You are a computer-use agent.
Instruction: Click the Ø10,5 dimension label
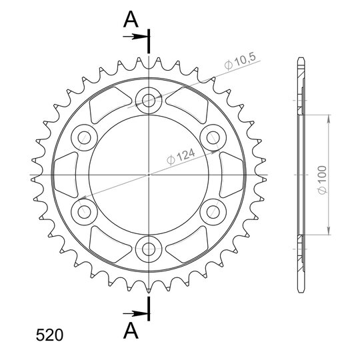tap(240, 61)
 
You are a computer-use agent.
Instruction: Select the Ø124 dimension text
tap(181, 157)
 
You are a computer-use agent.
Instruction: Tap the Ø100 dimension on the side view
tap(323, 180)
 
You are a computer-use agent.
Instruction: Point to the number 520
tap(49, 335)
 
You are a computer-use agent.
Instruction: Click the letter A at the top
tap(131, 19)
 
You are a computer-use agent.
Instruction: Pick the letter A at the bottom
tap(131, 331)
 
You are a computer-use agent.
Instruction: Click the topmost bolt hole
tap(149, 100)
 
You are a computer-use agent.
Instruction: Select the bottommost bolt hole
tap(149, 249)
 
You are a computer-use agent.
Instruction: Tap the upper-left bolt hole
tap(84, 137)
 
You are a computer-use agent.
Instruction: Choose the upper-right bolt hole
tap(213, 137)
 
